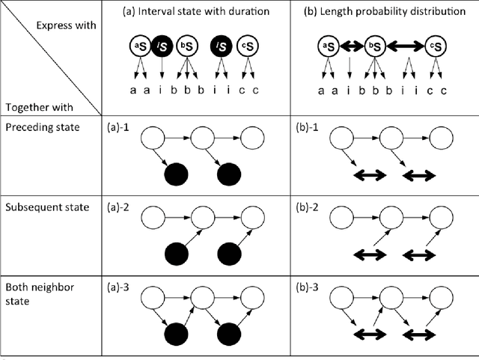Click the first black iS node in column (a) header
161,48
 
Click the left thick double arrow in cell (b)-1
368,176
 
